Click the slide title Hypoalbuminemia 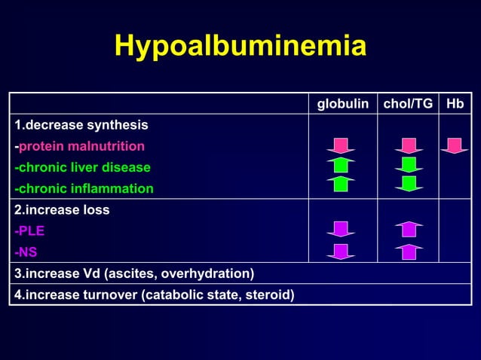tap(240, 47)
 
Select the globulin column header tap(342, 104)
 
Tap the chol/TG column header tap(409, 104)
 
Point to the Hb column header tap(455, 104)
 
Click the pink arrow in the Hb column tap(455, 145)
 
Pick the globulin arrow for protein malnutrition tap(341, 145)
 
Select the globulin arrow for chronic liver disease tap(341, 165)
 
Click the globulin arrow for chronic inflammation tap(341, 184)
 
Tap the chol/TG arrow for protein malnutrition tap(409, 145)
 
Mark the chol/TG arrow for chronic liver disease tap(409, 165)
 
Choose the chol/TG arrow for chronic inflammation tap(409, 184)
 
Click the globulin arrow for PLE tap(341, 229)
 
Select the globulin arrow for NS tap(341, 252)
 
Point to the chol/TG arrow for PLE tap(409, 229)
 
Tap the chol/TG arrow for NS tap(409, 252)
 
